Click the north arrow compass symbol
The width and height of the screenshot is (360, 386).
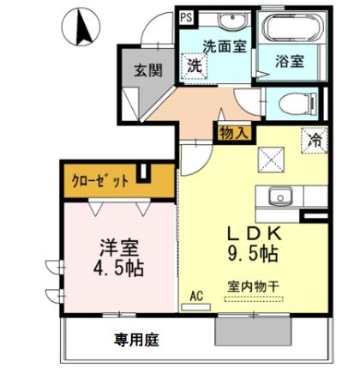click(84, 27)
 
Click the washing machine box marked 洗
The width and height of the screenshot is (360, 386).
click(195, 65)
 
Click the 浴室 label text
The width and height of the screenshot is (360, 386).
click(291, 62)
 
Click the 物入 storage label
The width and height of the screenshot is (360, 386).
click(233, 133)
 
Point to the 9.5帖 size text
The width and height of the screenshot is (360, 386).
click(251, 253)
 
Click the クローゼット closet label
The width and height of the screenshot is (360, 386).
click(101, 180)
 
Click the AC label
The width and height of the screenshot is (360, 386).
click(196, 296)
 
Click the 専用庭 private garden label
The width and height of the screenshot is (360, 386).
click(137, 339)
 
